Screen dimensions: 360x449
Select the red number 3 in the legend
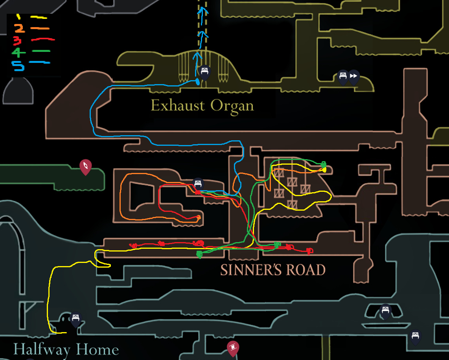(x=17, y=40)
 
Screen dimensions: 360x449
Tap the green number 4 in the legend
(x=18, y=52)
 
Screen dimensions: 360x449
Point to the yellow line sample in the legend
(x=39, y=17)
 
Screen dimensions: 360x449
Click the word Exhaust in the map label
(x=178, y=106)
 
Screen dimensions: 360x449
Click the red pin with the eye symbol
(x=85, y=167)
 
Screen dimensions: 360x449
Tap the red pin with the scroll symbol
(x=233, y=348)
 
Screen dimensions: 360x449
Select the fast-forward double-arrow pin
(x=354, y=76)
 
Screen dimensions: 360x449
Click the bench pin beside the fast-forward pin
(x=343, y=76)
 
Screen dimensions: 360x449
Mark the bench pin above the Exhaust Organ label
(x=204, y=72)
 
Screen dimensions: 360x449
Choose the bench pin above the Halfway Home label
(x=75, y=319)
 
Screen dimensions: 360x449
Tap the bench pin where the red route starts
(x=198, y=184)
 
